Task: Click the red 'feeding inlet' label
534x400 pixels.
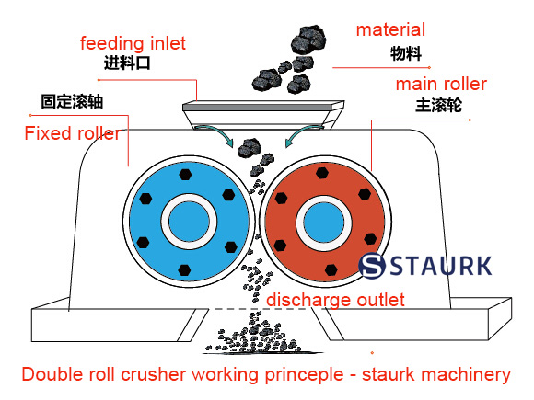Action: pos(133,43)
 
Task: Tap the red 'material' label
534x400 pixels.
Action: pos(390,30)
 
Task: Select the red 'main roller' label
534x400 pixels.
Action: pos(441,85)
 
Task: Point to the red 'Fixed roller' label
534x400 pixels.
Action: pos(72,134)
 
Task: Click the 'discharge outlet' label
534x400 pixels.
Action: pos(335,300)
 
